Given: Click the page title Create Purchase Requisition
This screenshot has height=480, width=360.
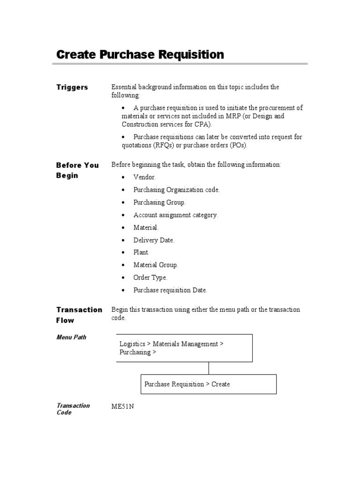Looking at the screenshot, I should (x=140, y=55).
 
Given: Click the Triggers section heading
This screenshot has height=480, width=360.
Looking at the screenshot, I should (x=72, y=87).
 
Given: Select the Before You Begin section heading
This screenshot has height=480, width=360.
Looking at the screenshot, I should (x=77, y=170).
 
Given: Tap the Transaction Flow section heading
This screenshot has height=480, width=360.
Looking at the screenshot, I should (x=79, y=315).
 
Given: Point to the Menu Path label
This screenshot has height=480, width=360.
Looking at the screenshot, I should (x=71, y=337).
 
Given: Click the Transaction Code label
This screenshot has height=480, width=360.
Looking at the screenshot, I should (x=73, y=409).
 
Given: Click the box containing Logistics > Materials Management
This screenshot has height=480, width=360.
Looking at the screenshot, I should (x=184, y=348).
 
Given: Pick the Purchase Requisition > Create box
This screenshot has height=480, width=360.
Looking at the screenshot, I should (x=209, y=384).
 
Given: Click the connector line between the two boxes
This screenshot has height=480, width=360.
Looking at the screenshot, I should (x=209, y=368).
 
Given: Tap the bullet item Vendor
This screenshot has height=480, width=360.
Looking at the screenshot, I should (x=144, y=178).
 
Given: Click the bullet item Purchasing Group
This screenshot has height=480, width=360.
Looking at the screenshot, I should (x=159, y=202).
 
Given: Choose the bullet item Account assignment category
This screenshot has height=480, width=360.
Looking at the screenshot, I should (x=175, y=215).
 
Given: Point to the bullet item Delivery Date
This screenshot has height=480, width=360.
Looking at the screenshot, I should (x=154, y=240).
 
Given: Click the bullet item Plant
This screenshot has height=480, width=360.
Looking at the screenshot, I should (x=141, y=252).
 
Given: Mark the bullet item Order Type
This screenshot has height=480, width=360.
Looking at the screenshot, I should (x=150, y=277).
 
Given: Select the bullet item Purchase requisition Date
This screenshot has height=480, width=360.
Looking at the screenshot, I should (x=170, y=290).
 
